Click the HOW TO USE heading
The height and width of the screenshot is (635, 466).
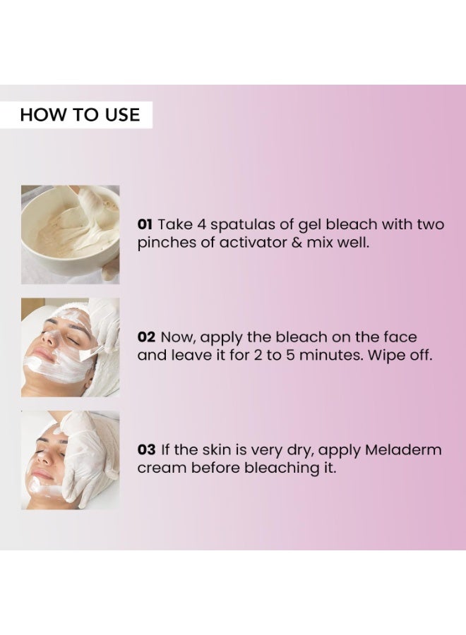pos(80,115)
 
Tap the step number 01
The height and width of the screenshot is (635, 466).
pos(145,224)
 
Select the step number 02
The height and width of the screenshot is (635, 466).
pos(145,337)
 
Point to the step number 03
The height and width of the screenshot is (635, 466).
pos(146,450)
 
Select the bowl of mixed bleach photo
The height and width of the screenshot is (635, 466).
pos(70,234)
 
